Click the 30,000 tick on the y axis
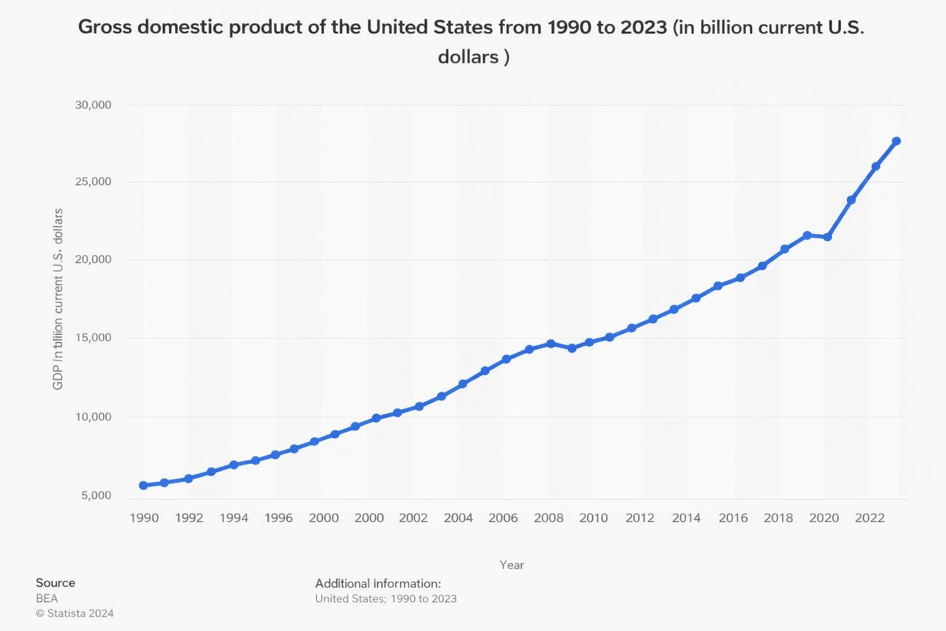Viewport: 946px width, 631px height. click(x=93, y=105)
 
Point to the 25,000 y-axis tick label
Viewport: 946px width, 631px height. click(x=93, y=181)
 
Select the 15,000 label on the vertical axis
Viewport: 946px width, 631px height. click(x=93, y=337)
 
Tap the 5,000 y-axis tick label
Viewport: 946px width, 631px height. click(x=96, y=495)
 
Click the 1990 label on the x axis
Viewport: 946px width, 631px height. click(x=144, y=518)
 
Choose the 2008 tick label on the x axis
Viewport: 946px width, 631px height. click(x=548, y=518)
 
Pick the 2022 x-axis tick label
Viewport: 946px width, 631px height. click(x=870, y=518)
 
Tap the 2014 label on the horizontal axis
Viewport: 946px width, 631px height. click(x=686, y=518)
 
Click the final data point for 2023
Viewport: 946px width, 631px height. click(x=896, y=141)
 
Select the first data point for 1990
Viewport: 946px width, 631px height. click(x=144, y=486)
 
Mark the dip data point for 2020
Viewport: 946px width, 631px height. click(x=828, y=237)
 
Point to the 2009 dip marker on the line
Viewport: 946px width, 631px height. click(x=572, y=348)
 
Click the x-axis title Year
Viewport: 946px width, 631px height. click(x=512, y=564)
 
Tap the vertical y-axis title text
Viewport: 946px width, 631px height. click(x=58, y=299)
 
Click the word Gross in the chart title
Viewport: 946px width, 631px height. click(x=105, y=27)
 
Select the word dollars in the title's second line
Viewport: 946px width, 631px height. click(x=468, y=57)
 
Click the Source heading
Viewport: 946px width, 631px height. click(x=55, y=582)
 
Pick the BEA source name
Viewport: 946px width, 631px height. click(x=47, y=598)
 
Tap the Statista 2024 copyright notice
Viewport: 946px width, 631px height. click(x=75, y=613)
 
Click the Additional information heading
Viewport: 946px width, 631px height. click(x=378, y=583)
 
